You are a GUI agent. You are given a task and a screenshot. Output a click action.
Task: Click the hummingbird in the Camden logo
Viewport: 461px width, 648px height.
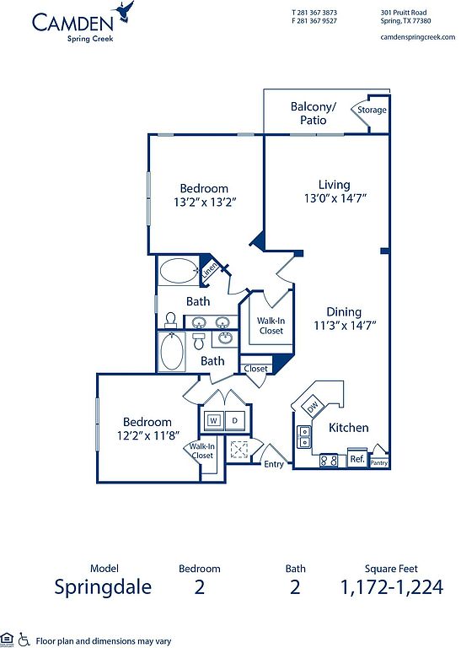click(x=125, y=11)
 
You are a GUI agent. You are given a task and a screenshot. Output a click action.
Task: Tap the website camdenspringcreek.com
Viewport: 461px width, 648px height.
click(x=418, y=37)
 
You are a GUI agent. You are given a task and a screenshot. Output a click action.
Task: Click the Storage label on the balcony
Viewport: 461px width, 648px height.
click(x=372, y=110)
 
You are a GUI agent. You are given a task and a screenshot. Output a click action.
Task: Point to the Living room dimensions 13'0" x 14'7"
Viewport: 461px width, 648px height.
click(x=335, y=198)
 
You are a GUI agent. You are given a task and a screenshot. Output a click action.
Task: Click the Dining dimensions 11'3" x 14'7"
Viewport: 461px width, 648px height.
click(x=345, y=325)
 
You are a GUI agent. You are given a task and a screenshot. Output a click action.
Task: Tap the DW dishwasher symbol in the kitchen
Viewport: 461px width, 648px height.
click(x=312, y=407)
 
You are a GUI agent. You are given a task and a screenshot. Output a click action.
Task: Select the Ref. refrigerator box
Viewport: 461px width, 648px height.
click(x=357, y=458)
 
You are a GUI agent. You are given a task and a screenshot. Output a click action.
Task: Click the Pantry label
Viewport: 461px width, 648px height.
click(x=379, y=463)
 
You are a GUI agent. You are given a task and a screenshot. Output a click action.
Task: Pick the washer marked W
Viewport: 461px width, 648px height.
click(x=214, y=421)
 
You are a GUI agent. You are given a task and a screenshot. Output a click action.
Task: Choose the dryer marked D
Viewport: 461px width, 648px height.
click(x=235, y=421)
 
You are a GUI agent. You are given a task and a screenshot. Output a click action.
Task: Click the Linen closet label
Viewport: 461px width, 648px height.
click(x=209, y=270)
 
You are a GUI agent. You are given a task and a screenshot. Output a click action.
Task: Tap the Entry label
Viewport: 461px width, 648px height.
click(x=274, y=464)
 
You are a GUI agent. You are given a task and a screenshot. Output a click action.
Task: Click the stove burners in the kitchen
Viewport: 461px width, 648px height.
click(x=329, y=461)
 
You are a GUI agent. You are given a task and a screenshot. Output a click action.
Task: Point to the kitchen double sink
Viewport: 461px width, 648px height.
click(x=304, y=437)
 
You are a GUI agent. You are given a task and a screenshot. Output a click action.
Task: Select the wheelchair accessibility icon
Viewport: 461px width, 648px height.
click(x=24, y=639)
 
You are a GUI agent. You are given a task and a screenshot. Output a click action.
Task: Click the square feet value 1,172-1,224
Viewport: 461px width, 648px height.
click(x=392, y=587)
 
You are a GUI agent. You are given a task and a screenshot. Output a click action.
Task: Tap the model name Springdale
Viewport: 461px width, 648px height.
click(x=103, y=587)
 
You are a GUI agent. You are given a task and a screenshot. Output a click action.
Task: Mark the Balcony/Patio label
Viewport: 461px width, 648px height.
click(x=314, y=113)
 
